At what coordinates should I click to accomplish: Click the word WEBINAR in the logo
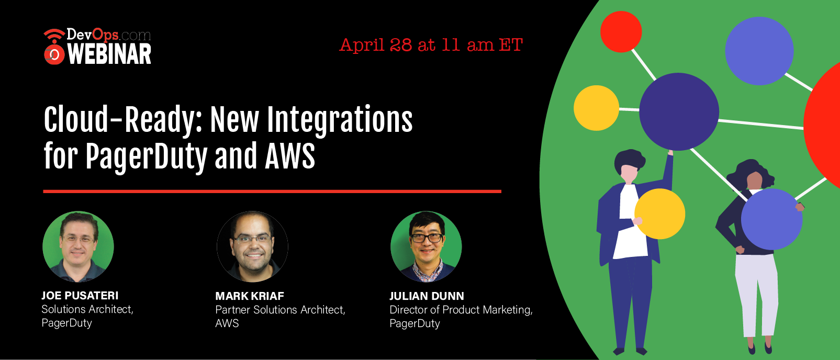coord(109,54)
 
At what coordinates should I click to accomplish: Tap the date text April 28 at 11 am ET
coord(431,45)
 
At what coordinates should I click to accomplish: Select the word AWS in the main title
coord(290,156)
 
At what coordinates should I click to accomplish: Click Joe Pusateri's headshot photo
coord(78,246)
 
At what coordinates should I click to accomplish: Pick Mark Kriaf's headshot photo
coord(252,246)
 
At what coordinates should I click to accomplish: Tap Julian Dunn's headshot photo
coord(426,246)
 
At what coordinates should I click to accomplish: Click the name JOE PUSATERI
coord(80,296)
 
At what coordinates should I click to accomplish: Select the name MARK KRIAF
coord(250,296)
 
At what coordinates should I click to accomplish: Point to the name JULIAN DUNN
coord(427,296)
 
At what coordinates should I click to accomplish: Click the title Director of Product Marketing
coord(461,310)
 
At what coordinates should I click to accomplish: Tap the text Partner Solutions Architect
coord(280,310)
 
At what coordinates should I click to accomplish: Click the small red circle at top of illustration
coord(621,31)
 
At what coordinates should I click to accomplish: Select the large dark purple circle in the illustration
coord(679,111)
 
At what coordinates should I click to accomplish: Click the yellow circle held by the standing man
coord(660,214)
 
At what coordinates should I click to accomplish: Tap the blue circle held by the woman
coord(771,219)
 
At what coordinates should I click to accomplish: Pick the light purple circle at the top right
coord(759,51)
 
